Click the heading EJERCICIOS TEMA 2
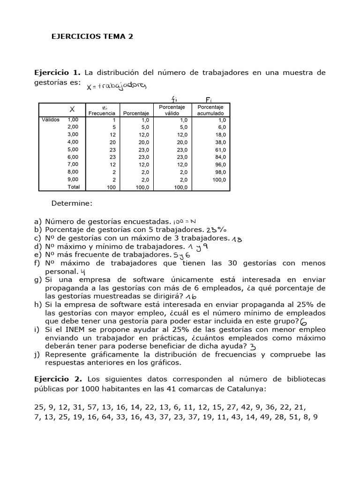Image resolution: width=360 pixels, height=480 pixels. [x=92, y=37]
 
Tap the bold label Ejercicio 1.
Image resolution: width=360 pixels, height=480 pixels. [x=57, y=73]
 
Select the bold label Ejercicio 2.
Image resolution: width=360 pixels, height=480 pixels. [x=57, y=378]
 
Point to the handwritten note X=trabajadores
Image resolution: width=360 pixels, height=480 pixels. [x=117, y=86]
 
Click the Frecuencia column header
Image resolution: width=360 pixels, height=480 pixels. [x=102, y=113]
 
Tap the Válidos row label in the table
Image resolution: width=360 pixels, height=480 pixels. [x=51, y=120]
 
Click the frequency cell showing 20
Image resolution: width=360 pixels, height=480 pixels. [x=112, y=142]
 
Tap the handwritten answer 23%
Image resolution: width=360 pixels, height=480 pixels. [x=216, y=229]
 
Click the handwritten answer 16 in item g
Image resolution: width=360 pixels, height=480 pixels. [x=190, y=297]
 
